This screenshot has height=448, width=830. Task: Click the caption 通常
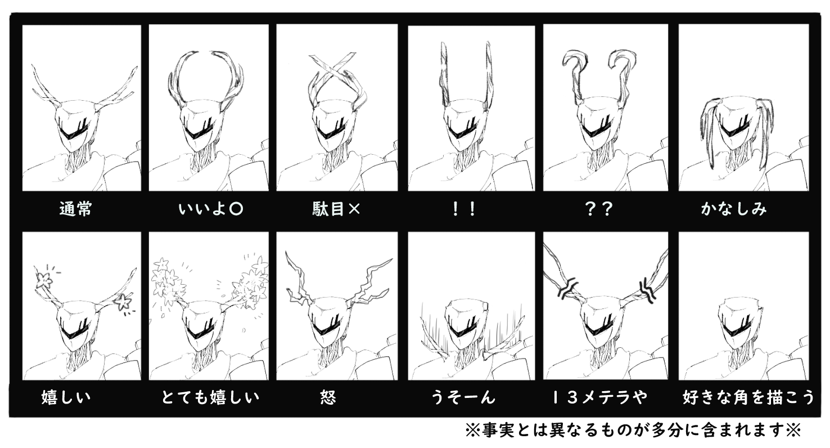tap(75, 209)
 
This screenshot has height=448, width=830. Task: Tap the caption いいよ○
tap(210, 209)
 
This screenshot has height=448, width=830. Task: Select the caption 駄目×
tap(336, 209)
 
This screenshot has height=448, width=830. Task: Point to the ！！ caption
tap(463, 209)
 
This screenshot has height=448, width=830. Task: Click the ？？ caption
tap(599, 209)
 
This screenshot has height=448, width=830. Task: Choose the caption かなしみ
tap(734, 209)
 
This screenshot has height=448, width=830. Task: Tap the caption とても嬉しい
tap(210, 397)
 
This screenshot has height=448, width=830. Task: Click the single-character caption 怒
tap(328, 397)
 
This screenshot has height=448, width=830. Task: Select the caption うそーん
tap(463, 397)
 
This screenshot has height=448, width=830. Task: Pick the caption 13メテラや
tap(599, 397)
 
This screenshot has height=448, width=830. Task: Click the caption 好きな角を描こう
tap(748, 397)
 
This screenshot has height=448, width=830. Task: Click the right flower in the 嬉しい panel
tap(123, 302)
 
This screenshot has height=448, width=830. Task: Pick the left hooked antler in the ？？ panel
tap(575, 74)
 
